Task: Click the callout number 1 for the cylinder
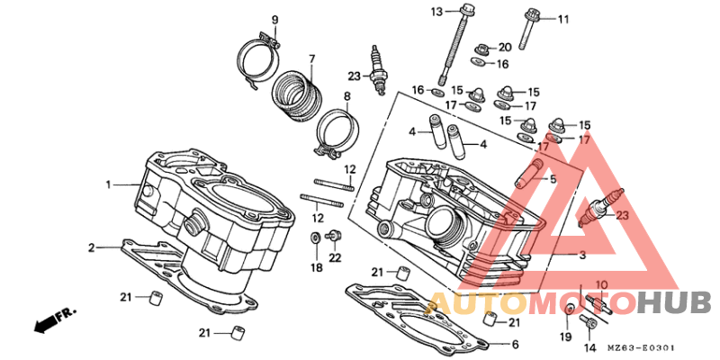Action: point(109,184)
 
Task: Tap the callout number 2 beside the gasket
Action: point(91,247)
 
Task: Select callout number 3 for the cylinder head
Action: point(581,256)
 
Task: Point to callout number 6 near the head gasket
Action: point(515,345)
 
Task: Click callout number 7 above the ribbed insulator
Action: point(312,59)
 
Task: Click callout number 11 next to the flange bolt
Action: point(563,20)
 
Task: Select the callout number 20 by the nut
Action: point(504,47)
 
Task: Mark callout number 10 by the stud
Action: point(602,285)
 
